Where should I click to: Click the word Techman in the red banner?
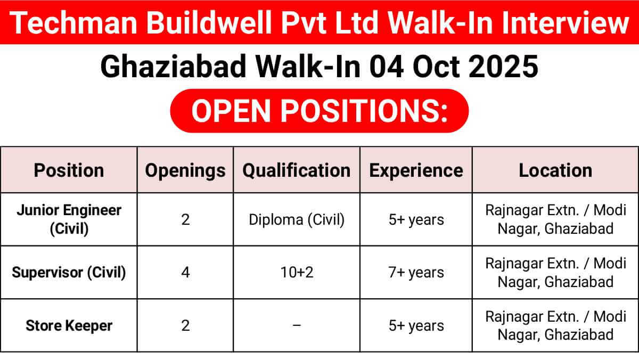pyautogui.click(x=73, y=22)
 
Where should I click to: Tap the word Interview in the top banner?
pyautogui.click(x=565, y=22)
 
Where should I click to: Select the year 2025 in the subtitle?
pyautogui.click(x=503, y=67)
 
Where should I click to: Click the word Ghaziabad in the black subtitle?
pyautogui.click(x=173, y=67)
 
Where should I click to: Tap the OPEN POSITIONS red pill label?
pyautogui.click(x=319, y=111)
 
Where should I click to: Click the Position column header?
pyautogui.click(x=69, y=170)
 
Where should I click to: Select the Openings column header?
pyautogui.click(x=185, y=171)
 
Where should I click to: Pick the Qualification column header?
pyautogui.click(x=297, y=170)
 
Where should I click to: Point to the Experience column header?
pyautogui.click(x=416, y=171)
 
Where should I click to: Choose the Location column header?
pyautogui.click(x=555, y=170)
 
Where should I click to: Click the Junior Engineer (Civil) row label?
pyautogui.click(x=69, y=219)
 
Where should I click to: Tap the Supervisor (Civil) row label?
pyautogui.click(x=69, y=273)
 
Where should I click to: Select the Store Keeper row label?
pyautogui.click(x=69, y=325)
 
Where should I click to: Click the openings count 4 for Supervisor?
pyautogui.click(x=185, y=273)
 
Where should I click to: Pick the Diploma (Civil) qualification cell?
pyautogui.click(x=297, y=219)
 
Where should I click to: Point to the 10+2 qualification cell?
pyautogui.click(x=297, y=273)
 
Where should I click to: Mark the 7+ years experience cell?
pyautogui.click(x=416, y=273)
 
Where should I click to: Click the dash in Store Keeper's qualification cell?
pyautogui.click(x=297, y=325)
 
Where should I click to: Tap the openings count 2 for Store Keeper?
pyautogui.click(x=185, y=325)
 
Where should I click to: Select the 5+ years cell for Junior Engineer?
pyautogui.click(x=416, y=220)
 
